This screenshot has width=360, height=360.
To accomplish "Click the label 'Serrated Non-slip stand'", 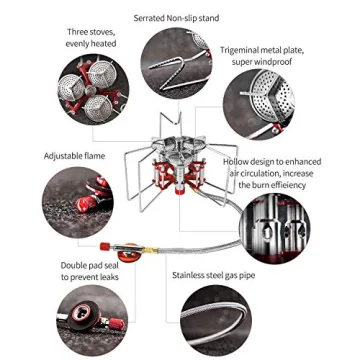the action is click(x=176, y=18).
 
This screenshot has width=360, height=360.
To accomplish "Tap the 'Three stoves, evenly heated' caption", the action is click(x=91, y=38).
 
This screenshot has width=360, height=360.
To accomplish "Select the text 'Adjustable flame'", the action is click(x=74, y=156).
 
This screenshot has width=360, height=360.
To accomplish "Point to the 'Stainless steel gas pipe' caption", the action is click(x=214, y=275).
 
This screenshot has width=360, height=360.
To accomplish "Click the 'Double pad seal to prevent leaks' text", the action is click(x=90, y=271).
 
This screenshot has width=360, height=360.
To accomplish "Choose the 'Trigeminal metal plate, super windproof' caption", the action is click(x=262, y=56).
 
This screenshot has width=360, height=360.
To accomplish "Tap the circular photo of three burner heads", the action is click(x=93, y=89).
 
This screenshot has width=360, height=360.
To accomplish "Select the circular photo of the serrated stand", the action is click(x=176, y=63).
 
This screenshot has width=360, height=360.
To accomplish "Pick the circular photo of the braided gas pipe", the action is click(x=216, y=320).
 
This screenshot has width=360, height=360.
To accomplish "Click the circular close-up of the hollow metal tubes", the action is click(x=275, y=228).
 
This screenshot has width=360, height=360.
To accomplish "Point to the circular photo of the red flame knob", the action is click(x=78, y=202).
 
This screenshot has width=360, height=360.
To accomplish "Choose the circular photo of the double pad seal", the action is click(x=92, y=320).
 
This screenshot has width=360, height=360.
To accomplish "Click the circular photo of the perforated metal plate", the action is click(x=259, y=104).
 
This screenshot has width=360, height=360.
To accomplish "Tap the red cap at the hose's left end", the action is click(x=105, y=246).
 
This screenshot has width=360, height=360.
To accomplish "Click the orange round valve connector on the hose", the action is click(x=129, y=254).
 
